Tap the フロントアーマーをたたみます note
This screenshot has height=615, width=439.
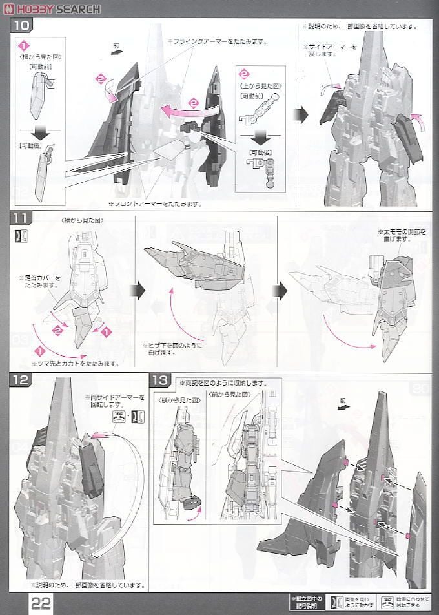pyautogui.click(x=155, y=203)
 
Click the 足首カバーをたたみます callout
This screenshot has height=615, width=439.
pyautogui.click(x=39, y=282)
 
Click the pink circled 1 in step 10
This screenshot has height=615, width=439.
pyautogui.click(x=24, y=46)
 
